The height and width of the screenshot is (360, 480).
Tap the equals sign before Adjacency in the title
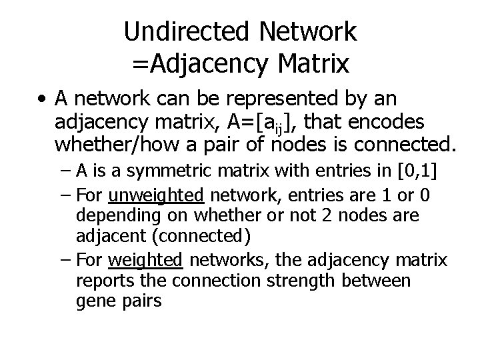(140, 64)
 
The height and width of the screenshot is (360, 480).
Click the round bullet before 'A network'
(42, 100)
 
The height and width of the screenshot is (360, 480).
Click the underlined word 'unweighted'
(156, 197)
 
